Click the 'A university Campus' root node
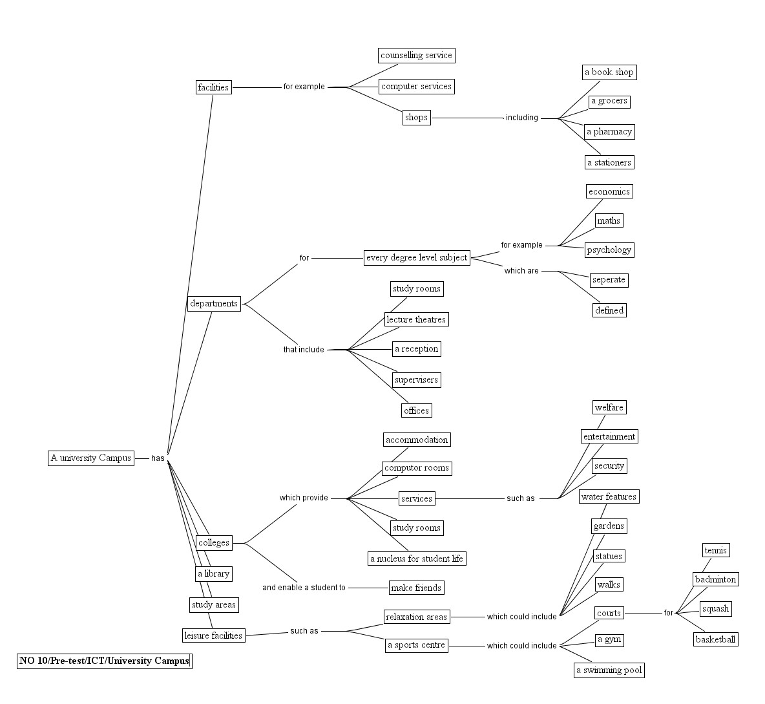91,458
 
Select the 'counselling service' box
416,56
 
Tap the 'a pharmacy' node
609,132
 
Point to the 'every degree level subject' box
417,257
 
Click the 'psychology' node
609,250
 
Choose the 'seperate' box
609,280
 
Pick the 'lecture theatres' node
416,319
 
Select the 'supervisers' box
416,379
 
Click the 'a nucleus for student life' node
417,558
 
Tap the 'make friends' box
417,588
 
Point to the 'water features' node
609,496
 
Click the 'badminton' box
715,579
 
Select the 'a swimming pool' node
609,670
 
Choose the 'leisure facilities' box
213,635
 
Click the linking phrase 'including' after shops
521,118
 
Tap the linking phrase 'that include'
304,350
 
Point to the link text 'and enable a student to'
304,588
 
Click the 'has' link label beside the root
158,458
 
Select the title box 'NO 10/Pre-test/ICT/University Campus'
105,661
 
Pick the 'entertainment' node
609,436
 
